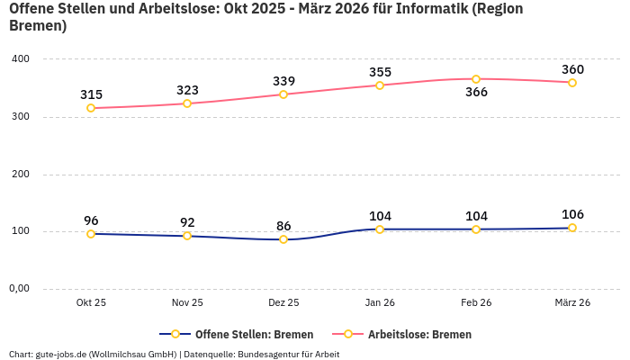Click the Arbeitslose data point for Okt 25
91,108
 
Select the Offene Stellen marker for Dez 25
283,239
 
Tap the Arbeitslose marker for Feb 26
476,79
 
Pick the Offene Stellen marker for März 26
572,228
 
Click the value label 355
380,72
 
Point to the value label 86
283,226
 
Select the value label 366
476,92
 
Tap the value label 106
572,214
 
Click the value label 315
91,94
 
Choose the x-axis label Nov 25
187,303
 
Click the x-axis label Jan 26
380,303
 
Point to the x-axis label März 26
572,303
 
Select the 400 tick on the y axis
20,59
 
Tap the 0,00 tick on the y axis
20,289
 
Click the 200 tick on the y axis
20,174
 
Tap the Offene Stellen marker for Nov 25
187,236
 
